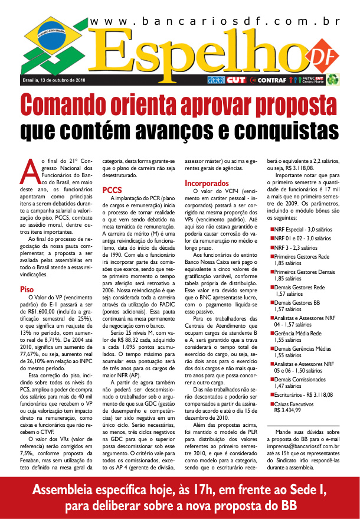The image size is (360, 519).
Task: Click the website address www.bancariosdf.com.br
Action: point(215,21)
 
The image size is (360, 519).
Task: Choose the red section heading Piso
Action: point(27,290)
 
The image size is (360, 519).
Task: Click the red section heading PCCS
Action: point(112,190)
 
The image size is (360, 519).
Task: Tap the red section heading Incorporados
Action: point(207,184)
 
